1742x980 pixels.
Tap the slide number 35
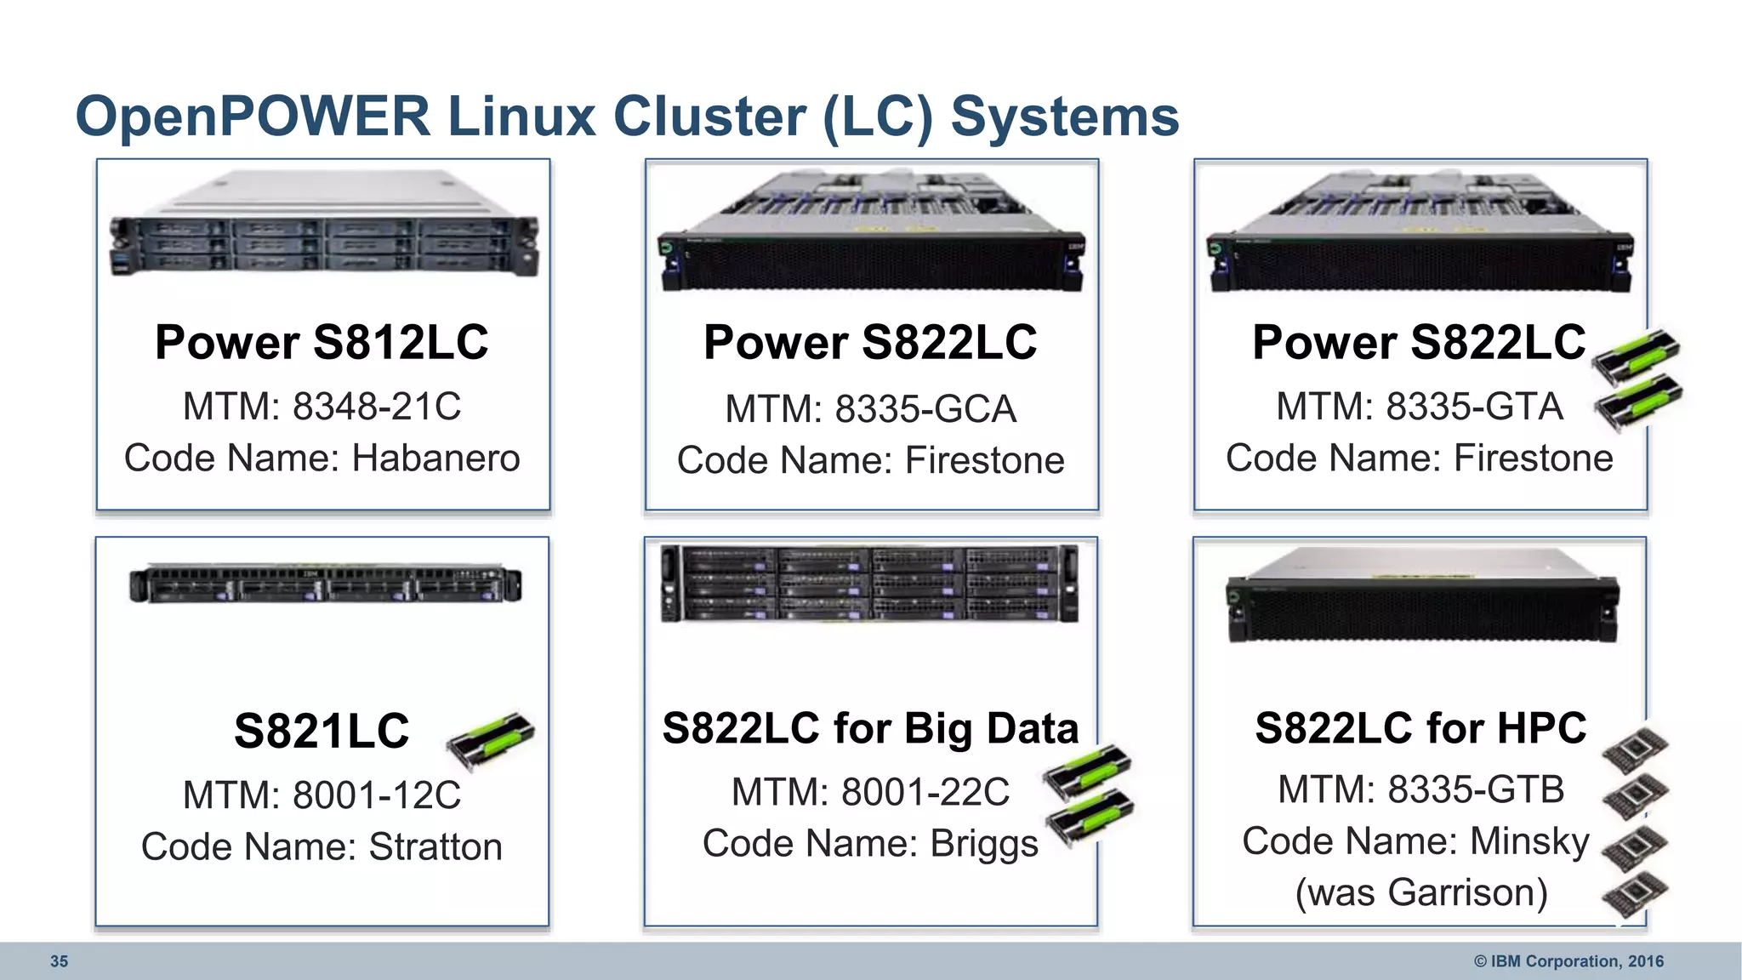[x=59, y=961]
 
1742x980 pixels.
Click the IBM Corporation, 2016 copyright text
[x=1568, y=961]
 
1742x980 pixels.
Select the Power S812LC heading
[x=322, y=343]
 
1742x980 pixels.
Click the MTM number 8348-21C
[x=376, y=407]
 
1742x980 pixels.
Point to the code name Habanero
[x=435, y=459]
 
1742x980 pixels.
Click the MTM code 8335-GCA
[x=925, y=410]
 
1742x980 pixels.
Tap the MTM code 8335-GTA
[x=1473, y=407]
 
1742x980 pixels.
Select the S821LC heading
[x=322, y=731]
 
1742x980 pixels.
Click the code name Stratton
[x=435, y=847]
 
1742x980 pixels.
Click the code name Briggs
[x=983, y=844]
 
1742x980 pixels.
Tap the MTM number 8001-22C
[x=925, y=793]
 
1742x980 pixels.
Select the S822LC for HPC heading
[x=1420, y=729]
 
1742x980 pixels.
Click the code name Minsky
[x=1529, y=841]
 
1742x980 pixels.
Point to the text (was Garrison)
[x=1420, y=893]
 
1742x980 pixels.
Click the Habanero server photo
[x=323, y=225]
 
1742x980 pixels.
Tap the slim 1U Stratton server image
[x=325, y=584]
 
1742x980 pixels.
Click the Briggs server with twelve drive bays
[x=870, y=584]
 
